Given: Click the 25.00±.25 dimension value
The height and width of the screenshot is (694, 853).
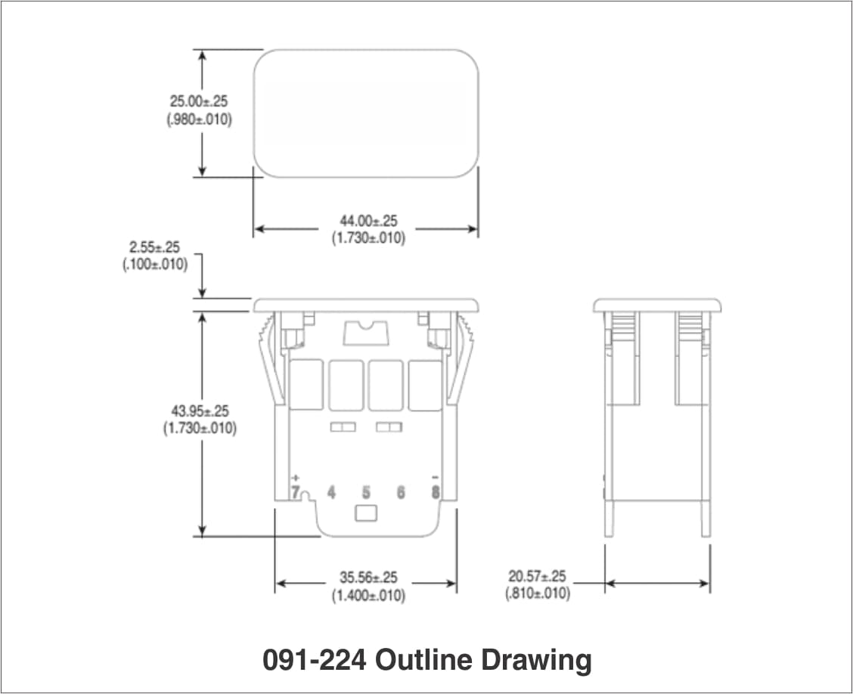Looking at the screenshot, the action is click(199, 101).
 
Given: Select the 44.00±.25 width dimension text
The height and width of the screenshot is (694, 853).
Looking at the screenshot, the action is click(368, 221).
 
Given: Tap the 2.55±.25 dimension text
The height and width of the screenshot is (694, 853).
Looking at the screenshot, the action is click(154, 247).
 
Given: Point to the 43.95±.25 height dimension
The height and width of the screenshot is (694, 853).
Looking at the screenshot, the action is click(200, 411).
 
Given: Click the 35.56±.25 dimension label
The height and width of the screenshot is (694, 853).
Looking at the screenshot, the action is click(368, 577).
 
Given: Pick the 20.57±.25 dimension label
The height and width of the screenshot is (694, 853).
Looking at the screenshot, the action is click(537, 576).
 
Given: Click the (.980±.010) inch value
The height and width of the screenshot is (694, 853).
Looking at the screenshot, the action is click(199, 119).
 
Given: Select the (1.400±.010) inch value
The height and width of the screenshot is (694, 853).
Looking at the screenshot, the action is click(368, 596).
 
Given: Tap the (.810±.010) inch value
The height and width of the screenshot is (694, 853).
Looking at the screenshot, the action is click(538, 593).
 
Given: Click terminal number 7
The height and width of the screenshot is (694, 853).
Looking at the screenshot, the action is click(296, 493).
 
